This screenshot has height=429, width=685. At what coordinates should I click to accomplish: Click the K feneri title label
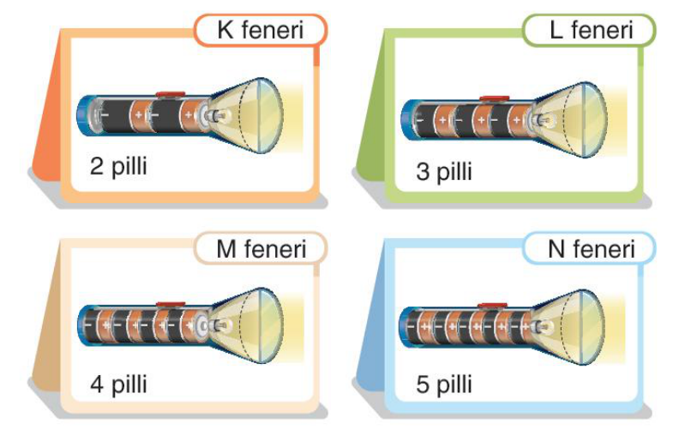pos(261,30)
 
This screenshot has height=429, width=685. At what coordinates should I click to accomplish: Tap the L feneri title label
pos(589,30)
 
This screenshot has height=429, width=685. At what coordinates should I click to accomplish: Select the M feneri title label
pos(261,248)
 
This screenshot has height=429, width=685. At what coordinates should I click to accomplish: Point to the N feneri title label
pos(589,248)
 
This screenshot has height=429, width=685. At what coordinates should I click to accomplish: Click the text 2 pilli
pos(118,166)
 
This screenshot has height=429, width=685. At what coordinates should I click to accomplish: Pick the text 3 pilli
pos(444,170)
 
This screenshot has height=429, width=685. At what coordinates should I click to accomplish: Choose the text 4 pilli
pos(118,384)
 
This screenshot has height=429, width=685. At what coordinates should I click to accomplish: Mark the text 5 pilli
pos(444,384)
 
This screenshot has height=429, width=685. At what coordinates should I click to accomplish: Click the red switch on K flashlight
pos(171,94)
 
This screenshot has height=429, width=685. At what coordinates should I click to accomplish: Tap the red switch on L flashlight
pos(495,98)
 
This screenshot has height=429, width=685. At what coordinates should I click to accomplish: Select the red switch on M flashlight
pos(171,304)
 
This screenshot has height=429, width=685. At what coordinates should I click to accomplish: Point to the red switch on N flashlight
pos(492,306)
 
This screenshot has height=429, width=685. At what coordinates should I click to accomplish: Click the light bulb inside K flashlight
pos(219,116)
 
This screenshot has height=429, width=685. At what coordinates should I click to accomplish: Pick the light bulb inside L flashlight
pos(543,119)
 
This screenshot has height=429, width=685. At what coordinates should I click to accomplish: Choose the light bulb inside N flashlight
pos(541,325)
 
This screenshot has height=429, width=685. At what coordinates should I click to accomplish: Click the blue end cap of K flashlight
pos(84,116)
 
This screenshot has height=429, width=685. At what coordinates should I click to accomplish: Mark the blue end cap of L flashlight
pos(408,120)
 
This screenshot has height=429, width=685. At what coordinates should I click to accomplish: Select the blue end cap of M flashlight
pos(83,325)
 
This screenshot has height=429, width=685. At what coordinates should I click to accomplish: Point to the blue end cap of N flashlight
pos(406,326)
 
